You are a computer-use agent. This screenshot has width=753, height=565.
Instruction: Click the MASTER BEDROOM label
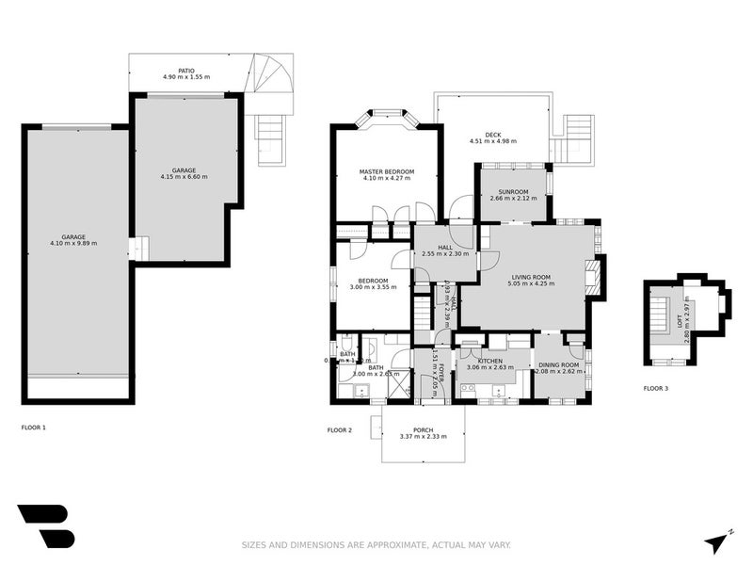pos(386,171)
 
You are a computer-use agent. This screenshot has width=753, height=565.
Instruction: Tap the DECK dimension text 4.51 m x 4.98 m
pos(493,141)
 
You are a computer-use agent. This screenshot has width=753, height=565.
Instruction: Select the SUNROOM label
pos(513,191)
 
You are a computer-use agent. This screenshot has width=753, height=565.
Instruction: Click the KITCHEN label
pos(489,361)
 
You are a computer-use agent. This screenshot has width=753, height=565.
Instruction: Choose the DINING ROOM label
pos(558,364)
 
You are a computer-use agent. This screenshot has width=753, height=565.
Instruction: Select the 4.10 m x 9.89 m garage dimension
pos(73,243)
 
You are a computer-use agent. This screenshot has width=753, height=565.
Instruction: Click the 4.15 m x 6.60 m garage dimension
pos(184,176)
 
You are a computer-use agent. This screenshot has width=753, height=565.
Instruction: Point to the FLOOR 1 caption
pos(34,427)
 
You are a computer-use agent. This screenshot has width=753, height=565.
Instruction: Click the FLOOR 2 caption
pos(340,429)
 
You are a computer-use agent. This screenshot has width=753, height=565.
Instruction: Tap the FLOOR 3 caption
pos(656,387)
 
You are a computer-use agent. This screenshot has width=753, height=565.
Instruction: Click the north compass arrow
pos(718,541)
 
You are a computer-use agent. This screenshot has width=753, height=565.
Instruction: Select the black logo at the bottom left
pos(44,525)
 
